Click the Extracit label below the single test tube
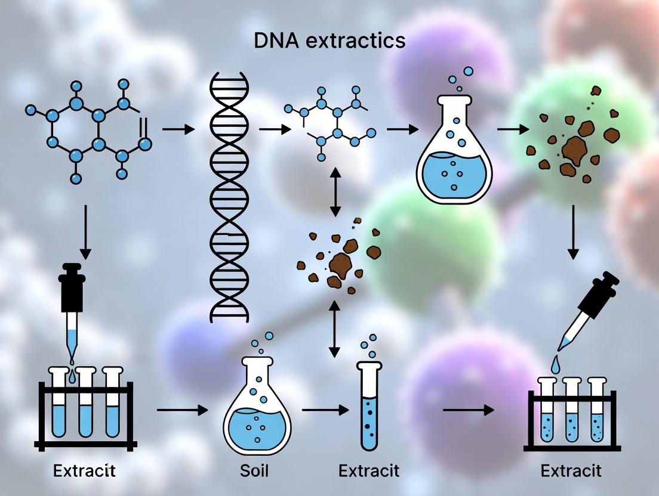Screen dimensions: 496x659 [x=368, y=470]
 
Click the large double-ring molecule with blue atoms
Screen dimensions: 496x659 [x=90, y=131]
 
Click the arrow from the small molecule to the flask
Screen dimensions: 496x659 [x=403, y=128]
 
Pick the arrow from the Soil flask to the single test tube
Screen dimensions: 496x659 [x=325, y=410]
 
